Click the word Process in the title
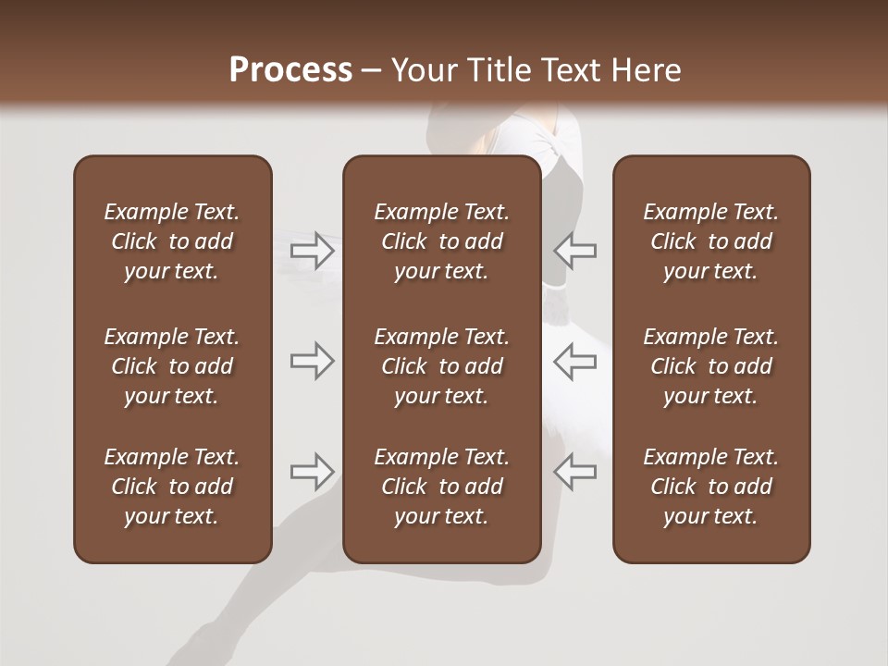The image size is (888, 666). point(290,70)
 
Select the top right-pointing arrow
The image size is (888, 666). point(313,251)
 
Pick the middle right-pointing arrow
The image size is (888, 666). point(313,360)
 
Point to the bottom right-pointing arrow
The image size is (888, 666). point(313,472)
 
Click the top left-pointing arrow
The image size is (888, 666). point(574,251)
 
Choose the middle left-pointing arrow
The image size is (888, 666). point(574,360)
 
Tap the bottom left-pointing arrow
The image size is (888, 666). point(574,472)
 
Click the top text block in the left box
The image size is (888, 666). point(172,241)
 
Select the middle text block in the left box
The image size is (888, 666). point(172,366)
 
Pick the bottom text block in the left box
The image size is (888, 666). point(172,487)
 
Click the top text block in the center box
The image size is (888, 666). point(441,241)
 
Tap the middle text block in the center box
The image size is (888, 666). point(441,366)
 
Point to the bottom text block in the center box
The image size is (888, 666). point(441,487)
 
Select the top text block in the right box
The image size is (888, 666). point(710,241)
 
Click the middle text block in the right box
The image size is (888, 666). point(710,366)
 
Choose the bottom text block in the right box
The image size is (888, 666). point(710,487)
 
